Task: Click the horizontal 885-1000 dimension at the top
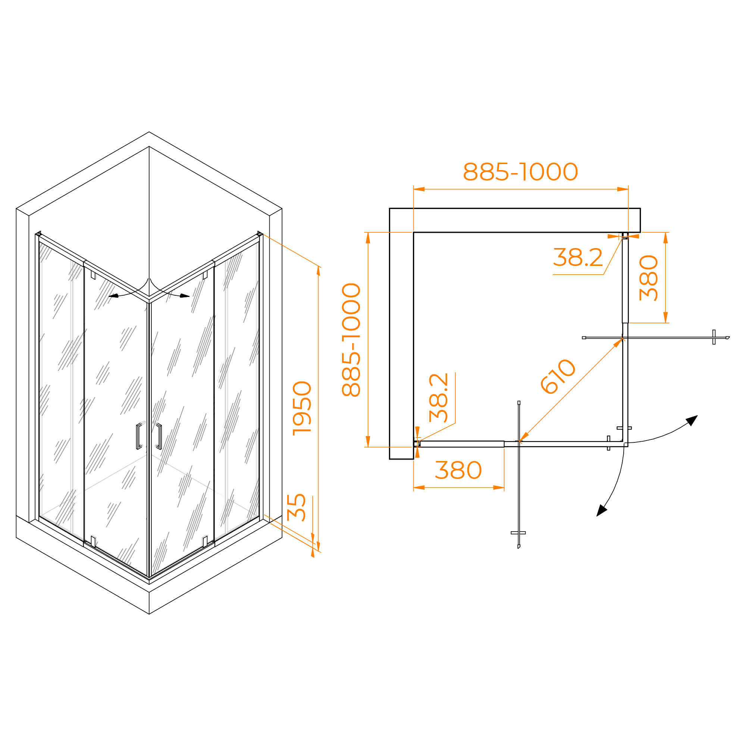click(x=520, y=172)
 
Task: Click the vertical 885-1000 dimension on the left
click(x=351, y=340)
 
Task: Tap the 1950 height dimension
click(x=302, y=408)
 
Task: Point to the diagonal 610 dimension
click(x=558, y=376)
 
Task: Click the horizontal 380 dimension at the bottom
click(x=458, y=470)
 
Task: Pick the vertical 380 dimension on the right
click(x=648, y=278)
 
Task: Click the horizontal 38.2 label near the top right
click(x=578, y=257)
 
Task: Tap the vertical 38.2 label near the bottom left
click(x=439, y=398)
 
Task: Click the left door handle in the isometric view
click(x=140, y=436)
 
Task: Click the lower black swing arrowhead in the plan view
click(x=601, y=511)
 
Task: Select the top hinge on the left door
click(x=93, y=275)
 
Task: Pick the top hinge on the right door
click(x=205, y=275)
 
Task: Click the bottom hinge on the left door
click(x=93, y=541)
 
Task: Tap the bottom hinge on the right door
click(x=205, y=541)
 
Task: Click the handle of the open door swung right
click(x=714, y=337)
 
